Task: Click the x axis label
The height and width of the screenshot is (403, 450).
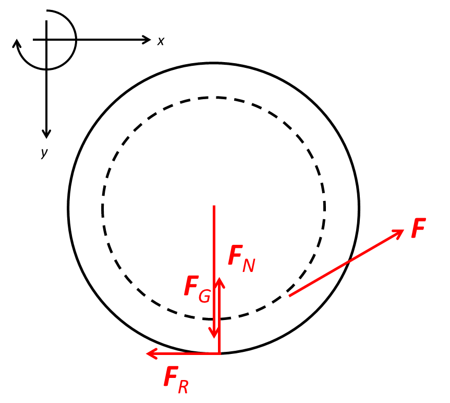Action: pyautogui.click(x=161, y=41)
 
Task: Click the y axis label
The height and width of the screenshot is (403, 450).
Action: pyautogui.click(x=44, y=153)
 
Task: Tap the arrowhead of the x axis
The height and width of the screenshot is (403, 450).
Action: pyautogui.click(x=147, y=40)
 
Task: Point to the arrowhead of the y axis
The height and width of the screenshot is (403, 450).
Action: pyautogui.click(x=46, y=134)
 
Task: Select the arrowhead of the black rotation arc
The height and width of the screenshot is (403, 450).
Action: pyautogui.click(x=17, y=44)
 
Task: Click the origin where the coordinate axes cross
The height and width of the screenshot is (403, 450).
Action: pyautogui.click(x=46, y=40)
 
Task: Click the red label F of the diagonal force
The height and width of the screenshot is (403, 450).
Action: pyautogui.click(x=418, y=228)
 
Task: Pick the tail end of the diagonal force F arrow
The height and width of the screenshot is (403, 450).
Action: pyautogui.click(x=289, y=295)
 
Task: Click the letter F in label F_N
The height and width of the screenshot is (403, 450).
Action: pyautogui.click(x=235, y=255)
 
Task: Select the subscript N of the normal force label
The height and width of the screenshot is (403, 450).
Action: pyautogui.click(x=249, y=265)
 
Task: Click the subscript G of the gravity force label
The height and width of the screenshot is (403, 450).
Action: pyautogui.click(x=204, y=297)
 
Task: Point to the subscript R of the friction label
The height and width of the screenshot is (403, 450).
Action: pyautogui.click(x=183, y=387)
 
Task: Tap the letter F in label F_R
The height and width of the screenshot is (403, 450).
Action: pyautogui.click(x=171, y=376)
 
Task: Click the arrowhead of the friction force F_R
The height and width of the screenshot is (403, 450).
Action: pyautogui.click(x=152, y=353)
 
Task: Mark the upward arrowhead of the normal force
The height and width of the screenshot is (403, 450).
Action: pyautogui.click(x=220, y=282)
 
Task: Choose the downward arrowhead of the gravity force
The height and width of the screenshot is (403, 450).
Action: pyautogui.click(x=214, y=333)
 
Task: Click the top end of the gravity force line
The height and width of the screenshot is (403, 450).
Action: pyautogui.click(x=214, y=206)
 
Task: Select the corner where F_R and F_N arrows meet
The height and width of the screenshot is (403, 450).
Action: pyautogui.click(x=220, y=353)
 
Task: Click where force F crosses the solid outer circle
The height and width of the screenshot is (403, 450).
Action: pyautogui.click(x=349, y=261)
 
